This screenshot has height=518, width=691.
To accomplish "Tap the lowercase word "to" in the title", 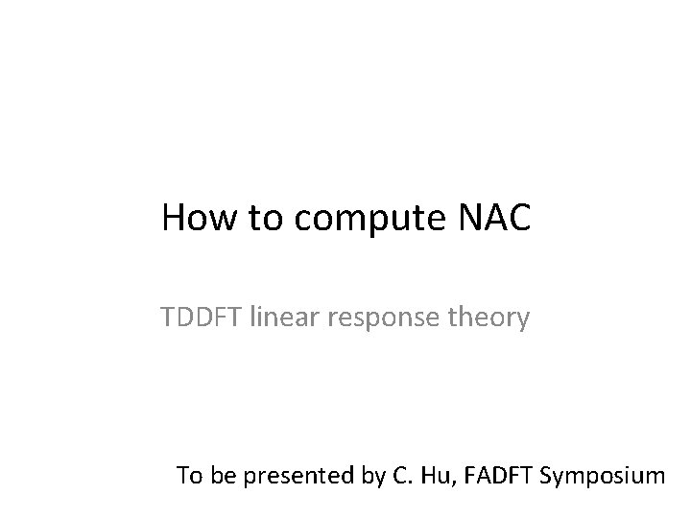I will [x=263, y=219].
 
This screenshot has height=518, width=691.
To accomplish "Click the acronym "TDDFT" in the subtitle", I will [x=203, y=316].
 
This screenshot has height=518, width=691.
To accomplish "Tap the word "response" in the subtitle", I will [x=371, y=318].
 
